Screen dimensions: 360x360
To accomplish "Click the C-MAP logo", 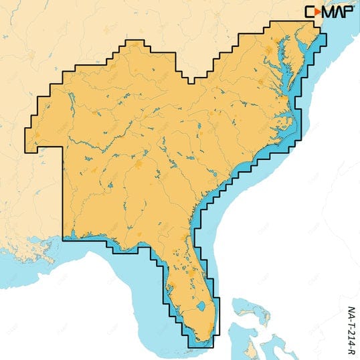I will [330, 11].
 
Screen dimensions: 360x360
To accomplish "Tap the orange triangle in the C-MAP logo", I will [319, 11].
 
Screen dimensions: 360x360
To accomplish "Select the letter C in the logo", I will [310, 11].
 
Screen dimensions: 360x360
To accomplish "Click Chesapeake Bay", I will [288, 74].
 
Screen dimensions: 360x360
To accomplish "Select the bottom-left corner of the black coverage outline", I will [63, 239].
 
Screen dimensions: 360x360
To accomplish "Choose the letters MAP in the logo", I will [338, 11].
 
